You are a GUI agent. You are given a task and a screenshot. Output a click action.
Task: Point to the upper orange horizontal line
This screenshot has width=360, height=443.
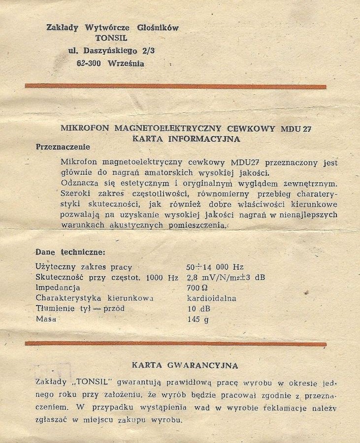point(175,86)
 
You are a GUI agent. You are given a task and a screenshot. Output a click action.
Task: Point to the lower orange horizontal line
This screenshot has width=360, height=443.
point(175,344)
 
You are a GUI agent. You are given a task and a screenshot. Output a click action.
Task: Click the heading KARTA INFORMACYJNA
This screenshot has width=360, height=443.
point(186,139)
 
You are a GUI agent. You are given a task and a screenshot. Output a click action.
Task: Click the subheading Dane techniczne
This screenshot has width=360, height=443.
point(70,253)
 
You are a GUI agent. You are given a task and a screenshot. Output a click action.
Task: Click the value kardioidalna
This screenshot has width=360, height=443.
point(212,298)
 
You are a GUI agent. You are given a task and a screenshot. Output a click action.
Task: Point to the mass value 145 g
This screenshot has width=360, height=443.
point(198,319)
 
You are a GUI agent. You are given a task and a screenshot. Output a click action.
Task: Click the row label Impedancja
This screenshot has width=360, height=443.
point(58,287)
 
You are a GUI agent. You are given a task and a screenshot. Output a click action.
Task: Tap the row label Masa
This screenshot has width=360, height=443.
point(46,319)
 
